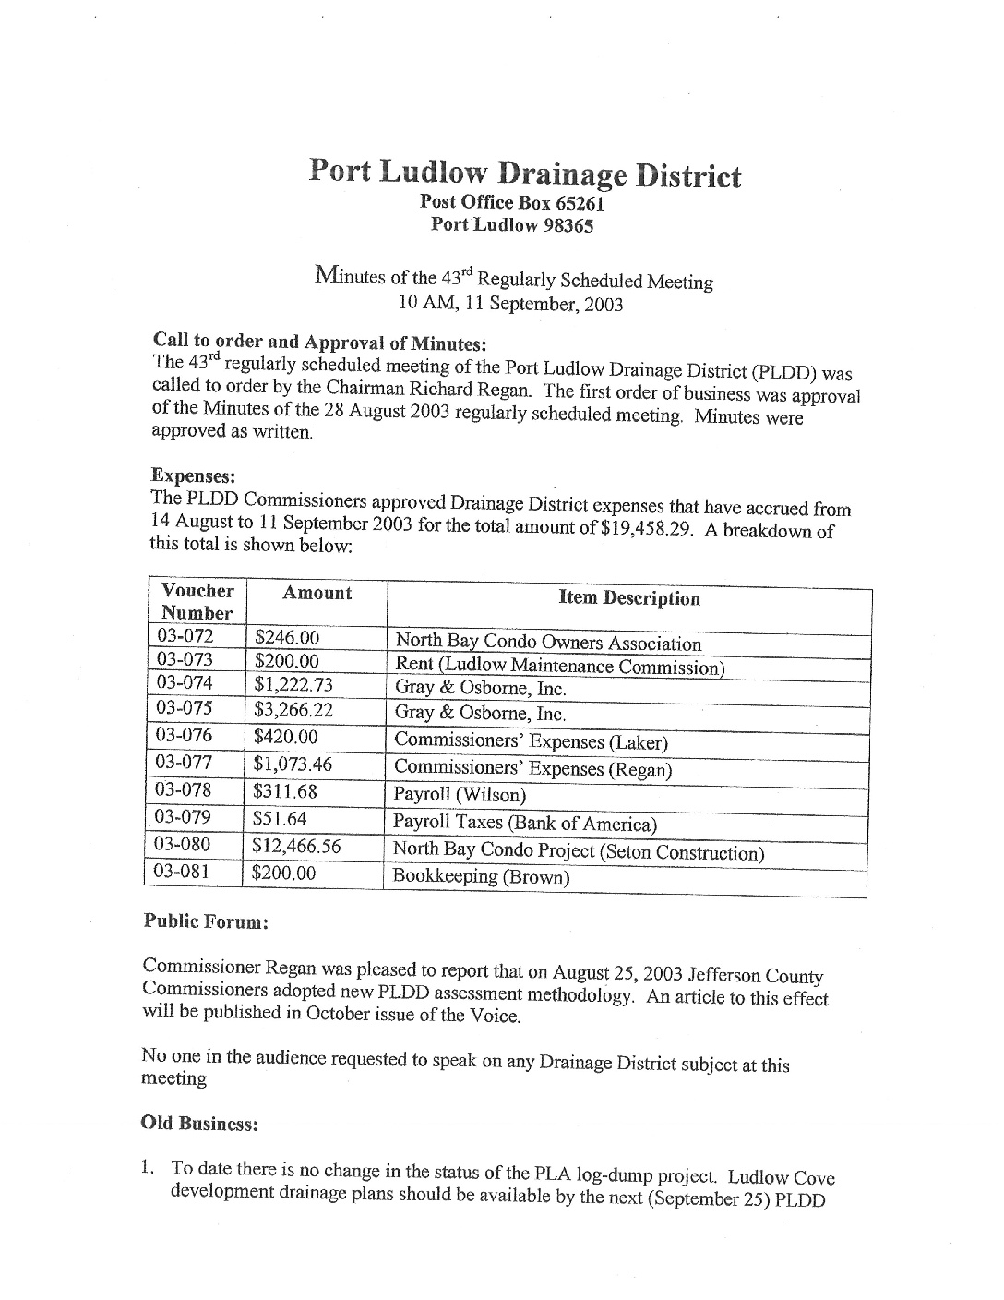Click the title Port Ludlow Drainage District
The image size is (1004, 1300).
coord(524,173)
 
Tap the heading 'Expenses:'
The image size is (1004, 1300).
coord(194,475)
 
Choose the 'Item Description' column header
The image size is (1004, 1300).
coord(629,598)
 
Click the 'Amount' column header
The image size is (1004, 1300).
coord(317,593)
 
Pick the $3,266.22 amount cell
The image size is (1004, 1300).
coord(293,710)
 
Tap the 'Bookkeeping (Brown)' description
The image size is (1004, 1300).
coord(480,876)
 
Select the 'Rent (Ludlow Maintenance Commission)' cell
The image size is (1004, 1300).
coord(559,666)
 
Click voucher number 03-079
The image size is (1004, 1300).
coord(183,817)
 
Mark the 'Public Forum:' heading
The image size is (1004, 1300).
coord(206,921)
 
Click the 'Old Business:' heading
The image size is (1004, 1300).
coord(198,1123)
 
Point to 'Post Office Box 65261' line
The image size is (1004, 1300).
coord(512,202)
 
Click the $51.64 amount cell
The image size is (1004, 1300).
coord(281,818)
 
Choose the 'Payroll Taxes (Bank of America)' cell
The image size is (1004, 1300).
coord(524,823)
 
